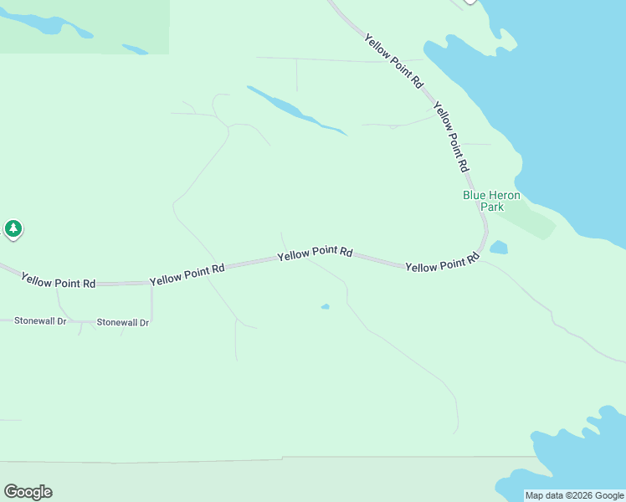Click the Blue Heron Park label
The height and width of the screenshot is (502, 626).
491,201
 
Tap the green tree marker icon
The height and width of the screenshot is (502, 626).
13,228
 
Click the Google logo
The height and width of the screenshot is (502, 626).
28,492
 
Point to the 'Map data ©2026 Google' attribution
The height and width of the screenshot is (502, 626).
574,495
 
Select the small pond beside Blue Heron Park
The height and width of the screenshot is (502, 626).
499,248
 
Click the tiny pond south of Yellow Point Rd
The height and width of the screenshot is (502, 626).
325,307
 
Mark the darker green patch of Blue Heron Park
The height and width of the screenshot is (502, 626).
527,220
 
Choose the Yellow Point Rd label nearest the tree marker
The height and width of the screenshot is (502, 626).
58,280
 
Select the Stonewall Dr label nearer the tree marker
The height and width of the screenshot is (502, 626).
39,320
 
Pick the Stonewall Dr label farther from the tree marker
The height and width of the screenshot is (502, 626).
123,322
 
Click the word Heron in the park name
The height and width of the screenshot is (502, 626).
505,196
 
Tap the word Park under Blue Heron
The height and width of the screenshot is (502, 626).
491,207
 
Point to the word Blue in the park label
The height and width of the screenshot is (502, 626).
475,196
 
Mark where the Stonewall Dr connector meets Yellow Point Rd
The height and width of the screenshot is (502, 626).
151,284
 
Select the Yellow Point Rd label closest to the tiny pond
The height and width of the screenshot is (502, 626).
315,253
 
